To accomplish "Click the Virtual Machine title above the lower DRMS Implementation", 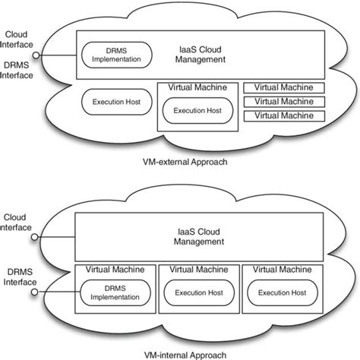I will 110,269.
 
